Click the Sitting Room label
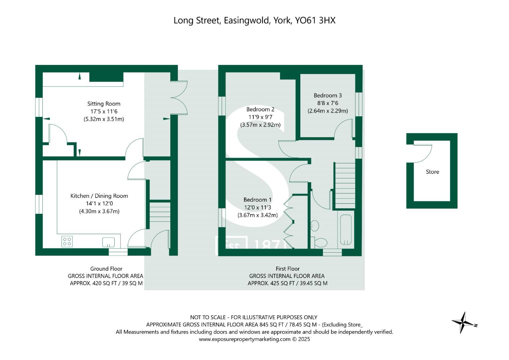104,104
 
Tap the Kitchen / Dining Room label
99,196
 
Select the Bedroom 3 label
327,96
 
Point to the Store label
432,172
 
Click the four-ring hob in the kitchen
67,241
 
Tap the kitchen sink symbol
109,242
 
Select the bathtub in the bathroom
346,230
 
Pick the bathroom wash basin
314,226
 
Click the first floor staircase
345,186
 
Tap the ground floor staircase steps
160,212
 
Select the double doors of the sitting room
179,98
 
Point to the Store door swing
423,153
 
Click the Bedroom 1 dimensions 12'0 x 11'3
257,208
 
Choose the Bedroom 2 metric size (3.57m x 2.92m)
260,125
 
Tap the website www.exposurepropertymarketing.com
245,339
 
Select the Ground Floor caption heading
106,269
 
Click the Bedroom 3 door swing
344,129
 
